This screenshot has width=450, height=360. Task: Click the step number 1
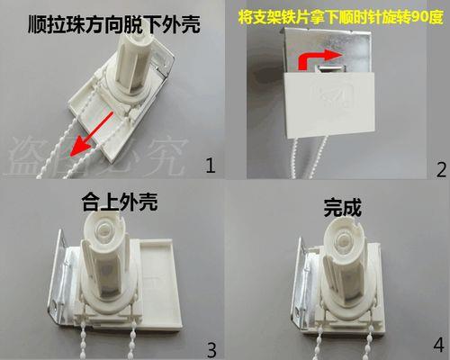coord(211,166)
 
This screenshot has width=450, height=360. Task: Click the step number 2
coord(441,170)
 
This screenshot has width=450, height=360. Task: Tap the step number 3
coord(211,350)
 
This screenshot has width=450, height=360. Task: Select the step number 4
coord(438,345)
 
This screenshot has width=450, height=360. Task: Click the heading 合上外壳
coord(120,202)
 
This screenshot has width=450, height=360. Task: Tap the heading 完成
coord(342,207)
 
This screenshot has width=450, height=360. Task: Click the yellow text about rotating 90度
coord(340,17)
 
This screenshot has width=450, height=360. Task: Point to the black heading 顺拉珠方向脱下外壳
coord(114,24)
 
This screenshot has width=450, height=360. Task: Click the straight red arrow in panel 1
coord(91,134)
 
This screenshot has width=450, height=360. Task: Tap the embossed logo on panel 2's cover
coord(332,96)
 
